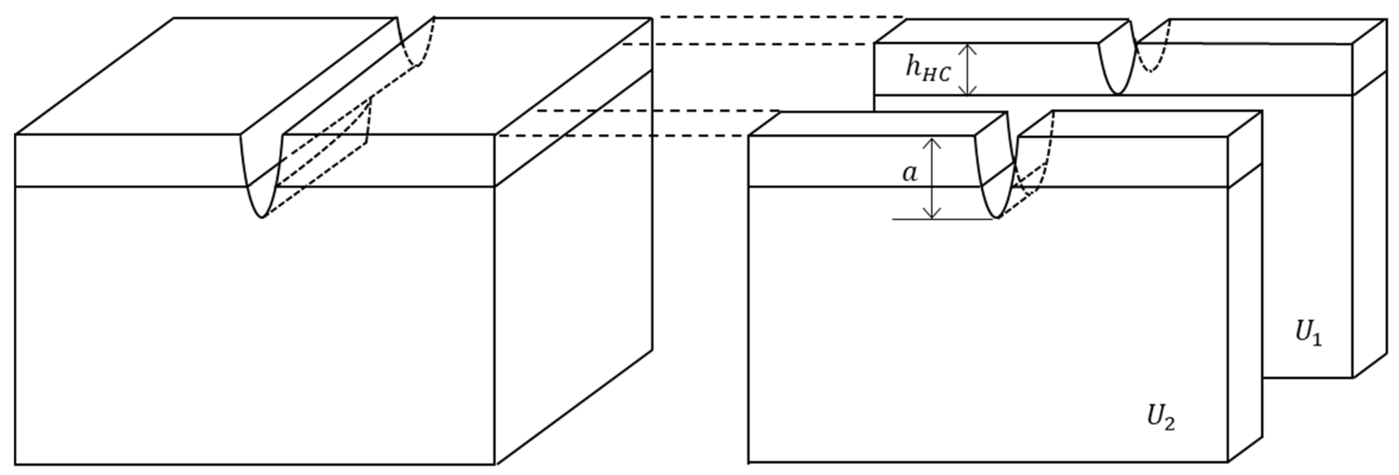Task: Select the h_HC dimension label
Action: (927, 69)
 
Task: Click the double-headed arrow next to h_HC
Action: (967, 69)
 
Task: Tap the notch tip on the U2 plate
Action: (998, 218)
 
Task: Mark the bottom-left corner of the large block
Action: (15, 464)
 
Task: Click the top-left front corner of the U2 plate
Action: (749, 136)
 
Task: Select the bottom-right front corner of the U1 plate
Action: (1352, 377)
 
